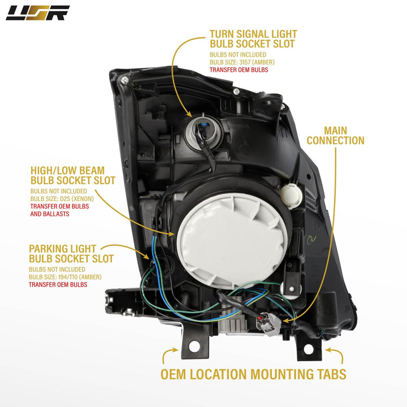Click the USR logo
(37, 13)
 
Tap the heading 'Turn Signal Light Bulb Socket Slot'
(253, 39)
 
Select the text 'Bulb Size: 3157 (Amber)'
(242, 62)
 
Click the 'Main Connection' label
(335, 136)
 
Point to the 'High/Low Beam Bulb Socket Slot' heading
(73, 175)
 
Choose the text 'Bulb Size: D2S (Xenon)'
(62, 199)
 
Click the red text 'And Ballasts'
(50, 214)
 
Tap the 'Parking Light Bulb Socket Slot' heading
(71, 254)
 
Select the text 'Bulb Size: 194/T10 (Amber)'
(65, 277)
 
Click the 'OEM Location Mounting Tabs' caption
(253, 374)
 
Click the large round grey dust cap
(232, 241)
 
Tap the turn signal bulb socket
(203, 133)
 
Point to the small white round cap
(291, 196)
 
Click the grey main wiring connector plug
(269, 323)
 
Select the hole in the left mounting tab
(194, 347)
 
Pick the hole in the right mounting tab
(309, 349)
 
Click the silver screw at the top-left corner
(125, 80)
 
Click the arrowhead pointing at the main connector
(286, 321)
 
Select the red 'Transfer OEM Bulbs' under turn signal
(239, 70)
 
